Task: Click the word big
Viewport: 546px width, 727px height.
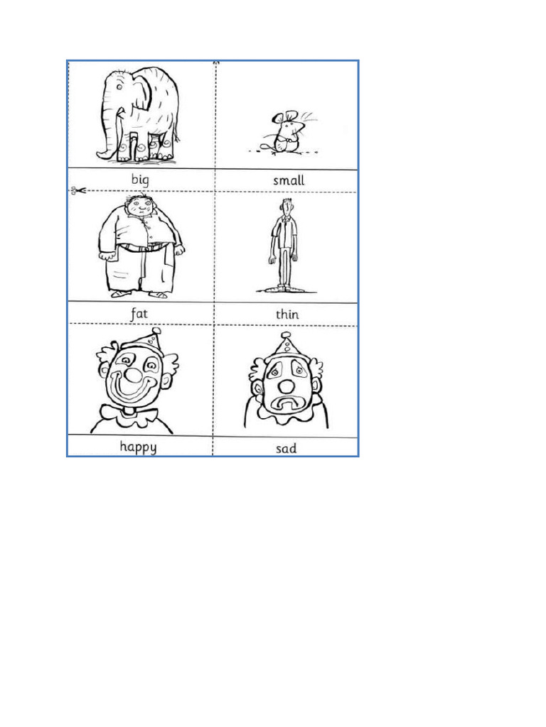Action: tap(139, 180)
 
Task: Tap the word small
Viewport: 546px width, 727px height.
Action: tap(289, 180)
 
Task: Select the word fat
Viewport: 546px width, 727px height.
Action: tap(139, 313)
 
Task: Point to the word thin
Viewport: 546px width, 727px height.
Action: tap(287, 314)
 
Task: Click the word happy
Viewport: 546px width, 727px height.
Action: tap(138, 447)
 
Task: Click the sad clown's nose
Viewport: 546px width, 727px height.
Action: tap(286, 386)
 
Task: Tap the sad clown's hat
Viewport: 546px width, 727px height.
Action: tap(287, 346)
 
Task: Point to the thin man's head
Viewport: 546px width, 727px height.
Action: tap(285, 208)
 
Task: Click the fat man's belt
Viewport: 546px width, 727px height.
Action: tap(144, 248)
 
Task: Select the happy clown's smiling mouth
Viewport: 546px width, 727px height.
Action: tap(135, 391)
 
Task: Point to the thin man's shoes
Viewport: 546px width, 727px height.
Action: tap(283, 288)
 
